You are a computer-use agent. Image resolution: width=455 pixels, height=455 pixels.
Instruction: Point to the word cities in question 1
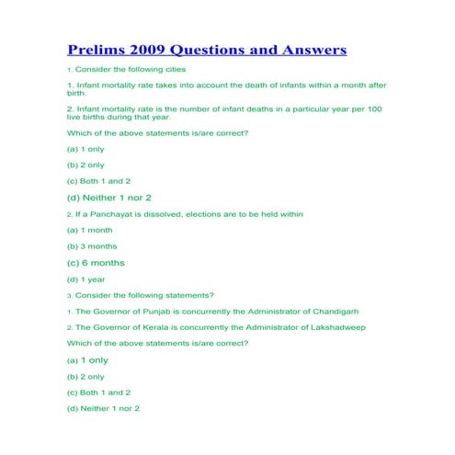(174, 70)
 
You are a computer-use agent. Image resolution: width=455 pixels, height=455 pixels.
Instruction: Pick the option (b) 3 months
(93, 246)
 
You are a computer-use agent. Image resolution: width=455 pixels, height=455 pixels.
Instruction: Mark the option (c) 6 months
(96, 263)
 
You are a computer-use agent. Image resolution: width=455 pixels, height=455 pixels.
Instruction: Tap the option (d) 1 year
(85, 279)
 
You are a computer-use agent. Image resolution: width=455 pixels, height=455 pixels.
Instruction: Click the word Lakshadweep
(335, 327)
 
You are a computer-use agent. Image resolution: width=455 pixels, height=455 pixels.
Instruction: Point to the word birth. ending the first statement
(76, 93)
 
